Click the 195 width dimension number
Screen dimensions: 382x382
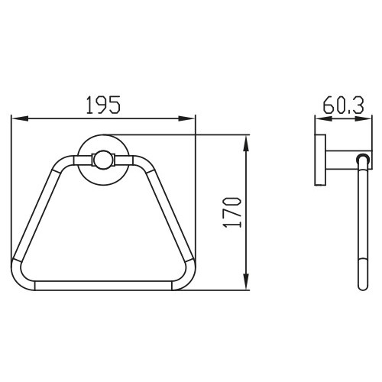click(x=103, y=105)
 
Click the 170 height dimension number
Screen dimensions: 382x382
click(x=231, y=212)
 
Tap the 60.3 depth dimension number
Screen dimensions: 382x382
click(x=343, y=105)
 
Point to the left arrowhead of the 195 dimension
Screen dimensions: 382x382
click(x=20, y=118)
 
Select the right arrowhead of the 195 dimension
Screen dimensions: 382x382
click(x=186, y=118)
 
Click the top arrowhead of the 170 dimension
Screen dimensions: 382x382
click(x=246, y=144)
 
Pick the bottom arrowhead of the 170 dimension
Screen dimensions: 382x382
click(x=246, y=281)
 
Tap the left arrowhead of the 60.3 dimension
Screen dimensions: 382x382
click(x=323, y=118)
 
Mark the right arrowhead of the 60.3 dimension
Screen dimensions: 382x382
click(x=364, y=118)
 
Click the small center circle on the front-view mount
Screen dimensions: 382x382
click(x=103, y=160)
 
